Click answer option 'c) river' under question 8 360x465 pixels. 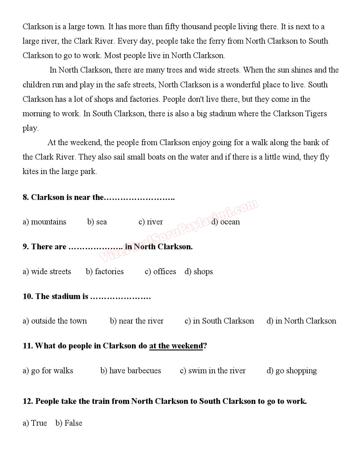point(150,222)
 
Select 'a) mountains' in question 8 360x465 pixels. point(44,222)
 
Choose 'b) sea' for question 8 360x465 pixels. point(97,222)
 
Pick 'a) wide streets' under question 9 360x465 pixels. point(47,271)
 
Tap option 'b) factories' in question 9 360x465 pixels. point(105,271)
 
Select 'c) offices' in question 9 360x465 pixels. point(160,271)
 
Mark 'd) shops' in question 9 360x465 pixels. point(198,271)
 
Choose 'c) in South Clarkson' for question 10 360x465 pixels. point(219,321)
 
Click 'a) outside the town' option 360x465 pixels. point(55,321)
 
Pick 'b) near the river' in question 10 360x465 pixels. point(137,321)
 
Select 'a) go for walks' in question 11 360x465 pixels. point(48,371)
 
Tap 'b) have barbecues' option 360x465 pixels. point(131,371)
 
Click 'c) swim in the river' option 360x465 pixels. point(213,371)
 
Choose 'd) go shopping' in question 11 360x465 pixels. point(291,371)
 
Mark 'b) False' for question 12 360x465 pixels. point(69,423)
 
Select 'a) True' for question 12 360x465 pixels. point(35,423)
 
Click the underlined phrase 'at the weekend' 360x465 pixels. point(176,346)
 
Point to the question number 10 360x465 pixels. point(28,296)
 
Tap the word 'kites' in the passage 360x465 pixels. point(30,171)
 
